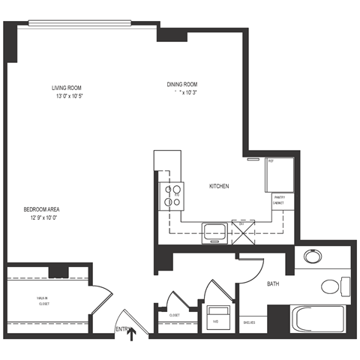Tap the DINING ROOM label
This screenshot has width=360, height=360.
coord(183,85)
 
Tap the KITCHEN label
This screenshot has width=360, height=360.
coord(218,186)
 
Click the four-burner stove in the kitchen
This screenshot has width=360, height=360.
coord(172,195)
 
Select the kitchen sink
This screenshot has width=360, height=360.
coord(214,232)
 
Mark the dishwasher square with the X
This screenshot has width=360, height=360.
coord(242,232)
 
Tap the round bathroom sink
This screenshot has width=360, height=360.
coord(313,259)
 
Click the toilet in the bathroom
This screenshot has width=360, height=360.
coord(334,286)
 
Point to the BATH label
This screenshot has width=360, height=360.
coord(274,284)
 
